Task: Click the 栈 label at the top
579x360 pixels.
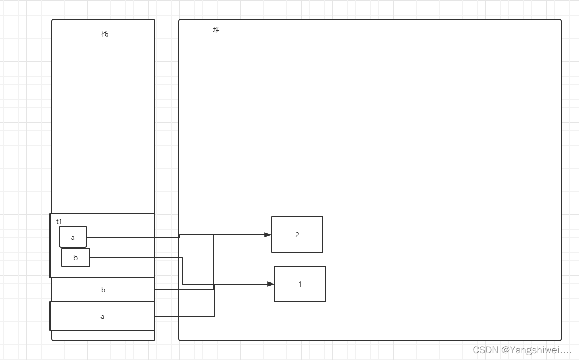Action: click(105, 34)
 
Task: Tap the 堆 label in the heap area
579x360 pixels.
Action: click(216, 30)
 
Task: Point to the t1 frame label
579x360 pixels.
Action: click(59, 221)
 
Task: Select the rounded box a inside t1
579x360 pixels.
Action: click(73, 237)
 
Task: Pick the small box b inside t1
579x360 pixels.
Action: click(75, 258)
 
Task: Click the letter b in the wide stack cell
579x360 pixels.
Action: click(103, 290)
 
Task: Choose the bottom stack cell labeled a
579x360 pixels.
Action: click(102, 316)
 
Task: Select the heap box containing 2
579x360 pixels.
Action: click(297, 235)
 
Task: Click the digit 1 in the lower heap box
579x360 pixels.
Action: click(300, 284)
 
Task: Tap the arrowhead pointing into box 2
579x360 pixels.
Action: click(268, 235)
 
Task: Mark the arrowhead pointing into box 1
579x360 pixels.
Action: click(271, 284)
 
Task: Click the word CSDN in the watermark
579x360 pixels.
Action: click(485, 350)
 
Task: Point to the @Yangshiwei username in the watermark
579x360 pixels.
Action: click(536, 350)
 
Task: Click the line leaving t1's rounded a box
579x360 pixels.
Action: click(133, 237)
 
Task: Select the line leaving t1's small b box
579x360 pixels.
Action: click(135, 258)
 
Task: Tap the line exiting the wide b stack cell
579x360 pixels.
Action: click(184, 290)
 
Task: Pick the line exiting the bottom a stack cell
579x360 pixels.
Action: click(184, 316)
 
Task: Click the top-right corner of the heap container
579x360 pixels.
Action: click(561, 20)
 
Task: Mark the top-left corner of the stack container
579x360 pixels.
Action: click(52, 20)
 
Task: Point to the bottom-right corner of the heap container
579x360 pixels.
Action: click(561, 340)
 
